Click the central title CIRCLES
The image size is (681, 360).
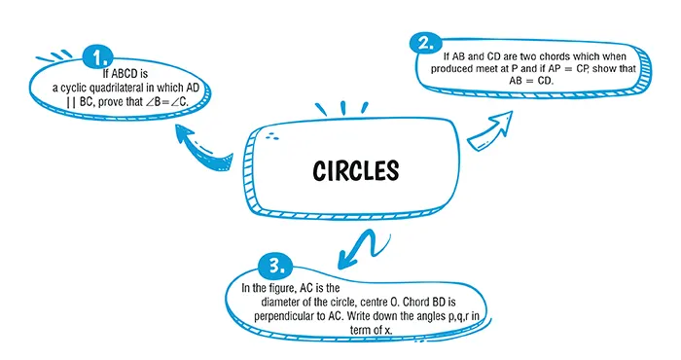tap(356, 171)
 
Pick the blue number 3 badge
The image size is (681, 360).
tap(276, 266)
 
